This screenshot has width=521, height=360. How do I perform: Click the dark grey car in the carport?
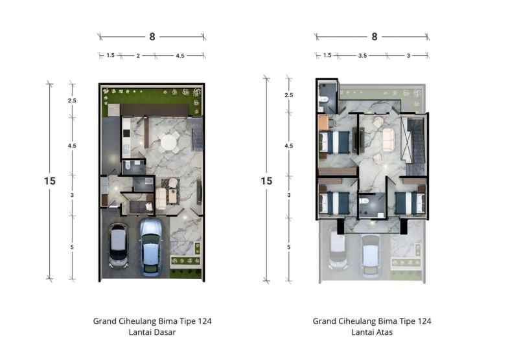tap(118, 246)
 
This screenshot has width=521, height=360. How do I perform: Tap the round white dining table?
tap(170, 141)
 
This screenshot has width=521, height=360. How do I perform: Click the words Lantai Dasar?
tap(152, 332)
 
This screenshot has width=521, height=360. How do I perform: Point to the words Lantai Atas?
tap(371, 332)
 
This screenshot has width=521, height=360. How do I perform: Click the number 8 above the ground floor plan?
tap(152, 37)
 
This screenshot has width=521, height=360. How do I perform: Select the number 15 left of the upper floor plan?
tap(266, 181)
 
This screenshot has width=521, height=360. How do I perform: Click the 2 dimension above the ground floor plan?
tap(137, 56)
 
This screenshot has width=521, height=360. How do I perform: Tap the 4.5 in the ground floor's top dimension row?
tap(179, 56)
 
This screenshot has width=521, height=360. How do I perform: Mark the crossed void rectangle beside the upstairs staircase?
tap(407, 138)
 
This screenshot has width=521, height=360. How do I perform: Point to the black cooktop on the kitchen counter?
tap(126, 134)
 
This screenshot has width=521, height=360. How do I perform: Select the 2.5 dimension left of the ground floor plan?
tap(72, 101)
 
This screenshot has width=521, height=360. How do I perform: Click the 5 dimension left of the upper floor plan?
tap(288, 247)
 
